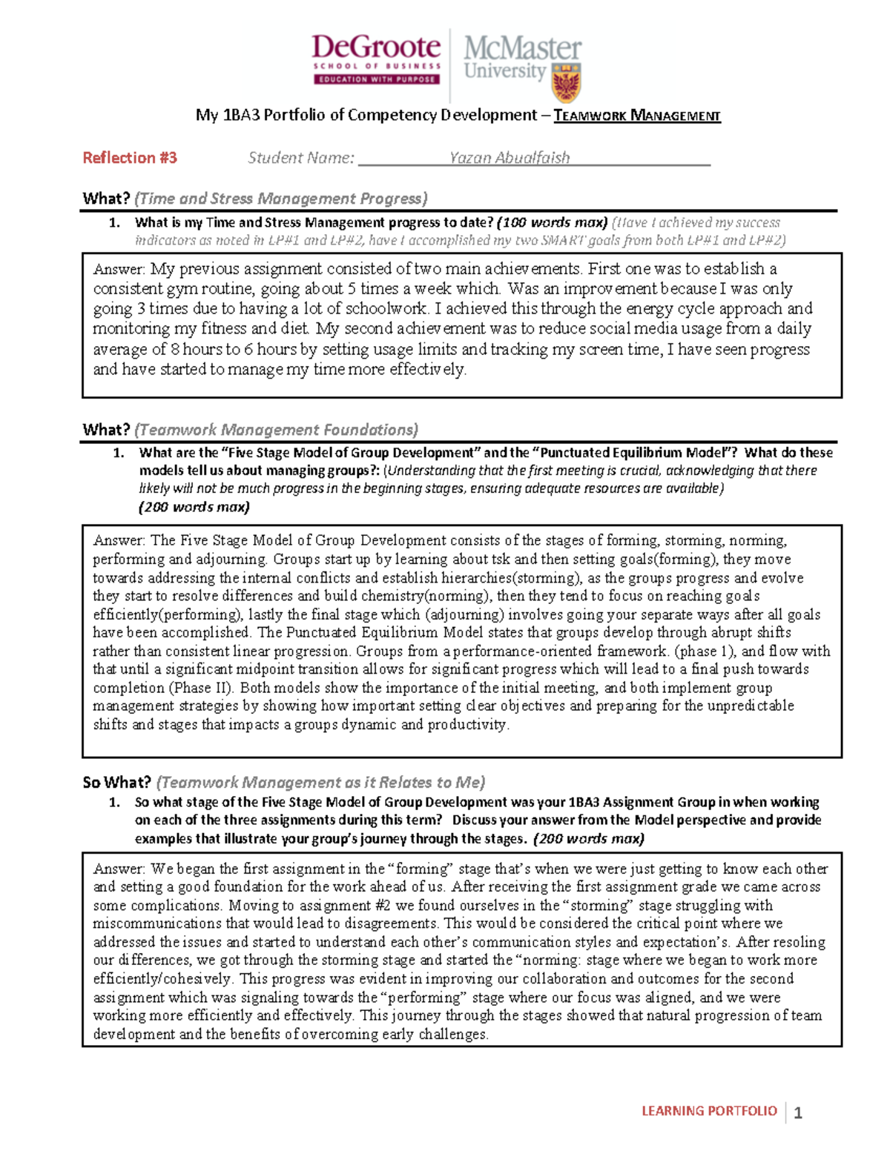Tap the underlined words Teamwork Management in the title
point(637,116)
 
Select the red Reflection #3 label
point(130,158)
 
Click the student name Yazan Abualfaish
point(510,158)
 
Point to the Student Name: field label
point(301,158)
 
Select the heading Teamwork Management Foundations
point(277,430)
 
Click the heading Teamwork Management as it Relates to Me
point(320,783)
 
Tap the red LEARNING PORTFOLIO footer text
point(709,1110)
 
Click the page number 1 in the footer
point(798,1112)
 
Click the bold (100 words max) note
point(552,222)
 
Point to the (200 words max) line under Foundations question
point(194,507)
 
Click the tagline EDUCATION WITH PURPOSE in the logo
point(377,79)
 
